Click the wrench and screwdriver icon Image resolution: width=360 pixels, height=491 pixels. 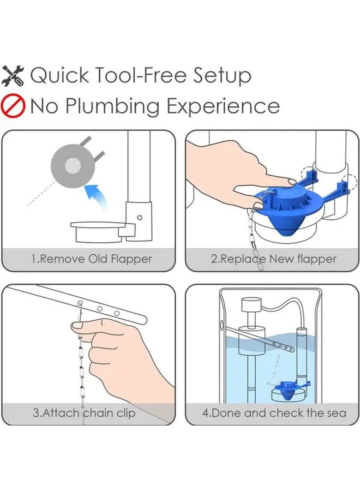[14, 75]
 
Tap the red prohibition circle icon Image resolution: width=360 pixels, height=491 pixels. [14, 105]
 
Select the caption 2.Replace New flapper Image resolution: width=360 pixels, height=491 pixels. [274, 259]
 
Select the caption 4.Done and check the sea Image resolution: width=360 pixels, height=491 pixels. [274, 412]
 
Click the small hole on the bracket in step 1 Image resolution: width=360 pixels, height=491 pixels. [139, 217]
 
